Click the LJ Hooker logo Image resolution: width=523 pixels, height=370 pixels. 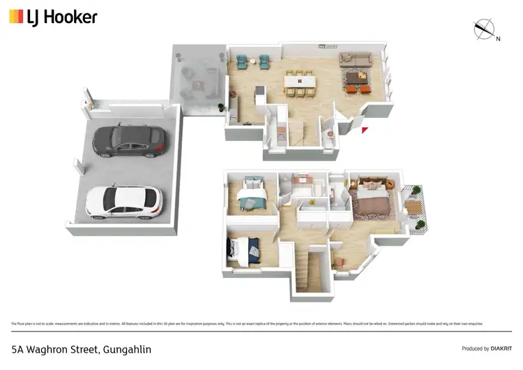click(x=53, y=17)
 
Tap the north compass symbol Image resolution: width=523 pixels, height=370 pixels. click(x=485, y=30)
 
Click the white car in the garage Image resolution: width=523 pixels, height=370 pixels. click(x=123, y=201)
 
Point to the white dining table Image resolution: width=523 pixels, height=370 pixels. click(x=299, y=82)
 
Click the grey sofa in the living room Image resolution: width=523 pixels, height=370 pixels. click(x=355, y=59)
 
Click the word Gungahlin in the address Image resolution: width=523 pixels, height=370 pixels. click(x=126, y=348)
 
